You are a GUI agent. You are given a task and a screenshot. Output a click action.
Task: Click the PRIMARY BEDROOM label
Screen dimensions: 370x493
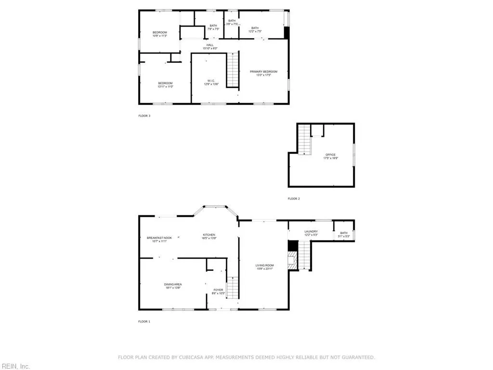point(263,72)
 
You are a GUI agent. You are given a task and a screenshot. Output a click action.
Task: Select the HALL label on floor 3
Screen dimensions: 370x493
point(210,45)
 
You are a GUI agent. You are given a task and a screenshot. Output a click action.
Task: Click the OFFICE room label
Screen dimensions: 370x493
point(330,155)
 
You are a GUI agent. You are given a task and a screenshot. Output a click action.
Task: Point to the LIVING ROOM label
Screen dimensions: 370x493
point(265,265)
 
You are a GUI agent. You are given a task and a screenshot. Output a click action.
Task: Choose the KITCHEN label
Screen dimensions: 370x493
point(208,235)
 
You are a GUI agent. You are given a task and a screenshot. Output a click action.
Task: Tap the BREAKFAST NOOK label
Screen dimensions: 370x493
point(159,238)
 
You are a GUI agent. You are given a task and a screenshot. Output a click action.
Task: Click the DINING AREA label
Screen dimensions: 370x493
point(173,284)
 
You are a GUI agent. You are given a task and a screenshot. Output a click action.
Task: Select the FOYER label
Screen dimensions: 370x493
point(218,290)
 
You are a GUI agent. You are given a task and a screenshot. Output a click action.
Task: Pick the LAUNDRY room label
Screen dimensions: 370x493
point(311,232)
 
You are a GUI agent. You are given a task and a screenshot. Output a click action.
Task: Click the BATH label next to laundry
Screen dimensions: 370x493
point(344,233)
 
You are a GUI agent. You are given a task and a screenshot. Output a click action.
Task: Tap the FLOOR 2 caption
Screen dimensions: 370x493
point(294,198)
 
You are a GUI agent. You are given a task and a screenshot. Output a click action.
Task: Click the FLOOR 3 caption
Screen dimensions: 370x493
point(144,116)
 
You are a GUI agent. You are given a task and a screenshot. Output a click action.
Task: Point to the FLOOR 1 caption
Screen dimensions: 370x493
point(144,321)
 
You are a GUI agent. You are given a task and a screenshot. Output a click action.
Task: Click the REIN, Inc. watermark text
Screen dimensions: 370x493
point(15,366)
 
